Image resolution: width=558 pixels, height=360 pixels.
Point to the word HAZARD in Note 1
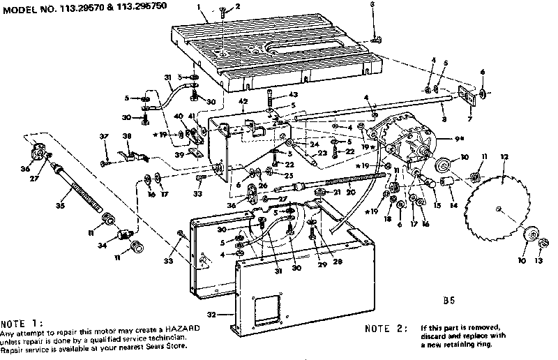tap(178, 327)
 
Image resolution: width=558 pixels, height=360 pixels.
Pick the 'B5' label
tap(448, 301)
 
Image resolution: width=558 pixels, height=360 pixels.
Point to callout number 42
tap(243, 102)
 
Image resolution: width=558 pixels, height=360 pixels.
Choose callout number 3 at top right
tap(372, 5)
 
